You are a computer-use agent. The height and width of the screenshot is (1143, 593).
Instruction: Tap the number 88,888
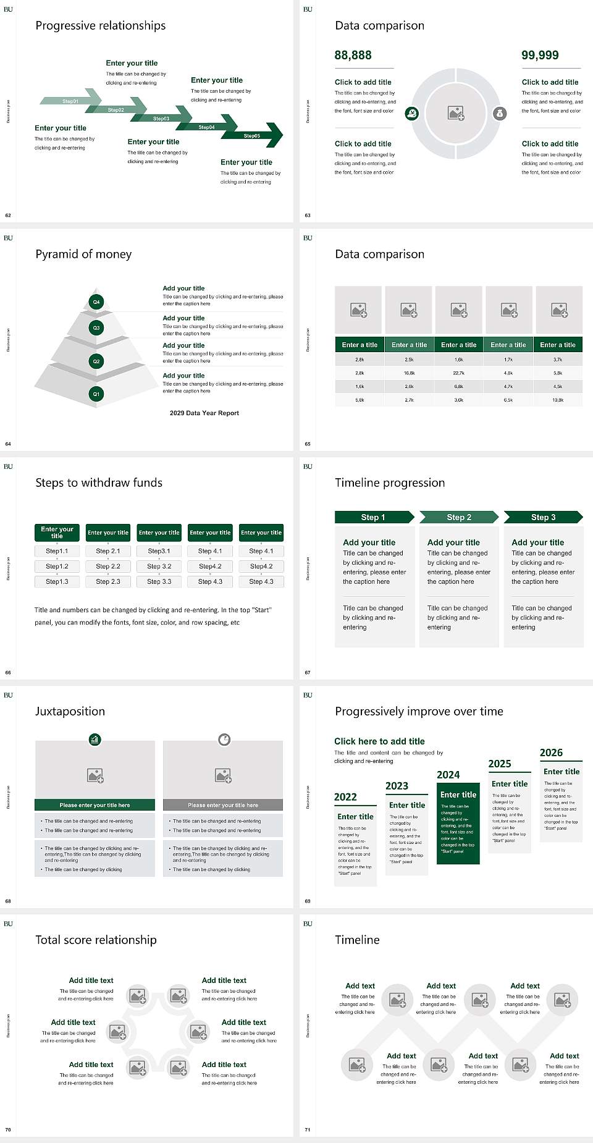pyautogui.click(x=353, y=56)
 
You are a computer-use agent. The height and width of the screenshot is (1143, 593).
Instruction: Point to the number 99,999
pyautogui.click(x=540, y=56)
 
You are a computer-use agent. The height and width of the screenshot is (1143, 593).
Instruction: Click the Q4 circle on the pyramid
pyautogui.click(x=96, y=302)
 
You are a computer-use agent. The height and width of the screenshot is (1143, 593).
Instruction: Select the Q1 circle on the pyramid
pyautogui.click(x=96, y=394)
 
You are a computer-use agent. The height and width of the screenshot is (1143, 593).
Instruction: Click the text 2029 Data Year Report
pyautogui.click(x=204, y=413)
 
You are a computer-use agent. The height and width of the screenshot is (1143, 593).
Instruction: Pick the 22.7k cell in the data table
pyautogui.click(x=458, y=373)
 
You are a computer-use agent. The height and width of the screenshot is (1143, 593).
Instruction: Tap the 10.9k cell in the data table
pyautogui.click(x=558, y=400)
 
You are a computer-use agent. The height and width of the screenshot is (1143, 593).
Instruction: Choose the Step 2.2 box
pyautogui.click(x=108, y=566)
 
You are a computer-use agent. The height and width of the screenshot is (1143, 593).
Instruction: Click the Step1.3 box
pyautogui.click(x=57, y=581)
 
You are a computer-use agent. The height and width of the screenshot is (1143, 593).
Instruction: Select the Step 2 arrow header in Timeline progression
pyautogui.click(x=459, y=517)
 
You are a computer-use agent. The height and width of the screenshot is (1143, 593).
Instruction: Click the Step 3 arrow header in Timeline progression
pyautogui.click(x=543, y=517)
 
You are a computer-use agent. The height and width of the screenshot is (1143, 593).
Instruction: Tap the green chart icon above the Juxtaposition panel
pyautogui.click(x=95, y=739)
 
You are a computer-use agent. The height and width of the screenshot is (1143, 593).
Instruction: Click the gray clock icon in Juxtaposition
pyautogui.click(x=224, y=740)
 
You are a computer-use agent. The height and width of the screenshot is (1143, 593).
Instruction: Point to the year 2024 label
pyautogui.click(x=448, y=775)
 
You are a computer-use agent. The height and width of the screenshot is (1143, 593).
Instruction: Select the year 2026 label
pyautogui.click(x=551, y=753)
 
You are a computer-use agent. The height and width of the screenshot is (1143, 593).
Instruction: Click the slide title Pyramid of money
pyautogui.click(x=83, y=254)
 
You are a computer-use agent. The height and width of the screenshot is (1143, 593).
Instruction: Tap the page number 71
pyautogui.click(x=308, y=1130)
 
